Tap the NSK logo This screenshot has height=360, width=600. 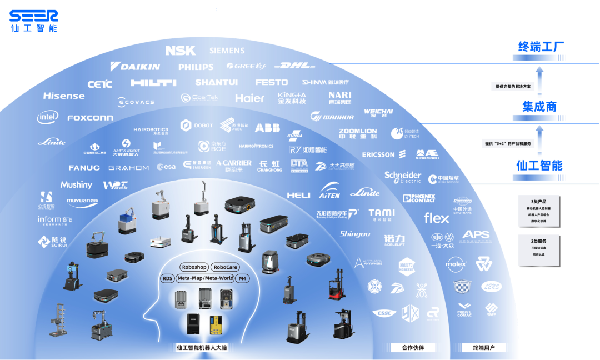coord(181,51)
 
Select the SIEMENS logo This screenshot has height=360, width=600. coord(227,51)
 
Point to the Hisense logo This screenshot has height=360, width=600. coord(64,96)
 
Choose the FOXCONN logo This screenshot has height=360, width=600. coord(90,118)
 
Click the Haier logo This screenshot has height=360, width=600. coord(250,98)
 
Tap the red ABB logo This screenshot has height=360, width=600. coord(267,128)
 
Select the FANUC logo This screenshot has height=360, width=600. coord(84,168)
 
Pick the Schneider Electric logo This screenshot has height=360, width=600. coord(403,177)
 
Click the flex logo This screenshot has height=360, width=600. coord(436,218)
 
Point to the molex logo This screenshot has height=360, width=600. coord(456,264)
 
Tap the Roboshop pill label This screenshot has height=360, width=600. coord(194,267)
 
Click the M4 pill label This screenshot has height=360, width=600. coord(242,278)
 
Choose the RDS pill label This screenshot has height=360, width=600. coord(167,278)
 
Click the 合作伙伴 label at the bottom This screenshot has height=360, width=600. coord(413,348)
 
